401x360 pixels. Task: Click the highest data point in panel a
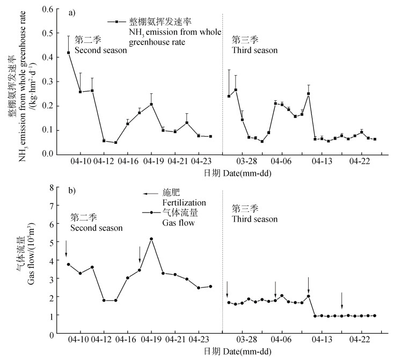coord(69,53)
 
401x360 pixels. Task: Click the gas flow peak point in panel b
coord(151,239)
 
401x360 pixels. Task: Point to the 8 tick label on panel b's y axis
coord(52,187)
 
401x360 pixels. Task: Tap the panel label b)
coord(71,190)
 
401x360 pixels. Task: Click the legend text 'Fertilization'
coord(184,203)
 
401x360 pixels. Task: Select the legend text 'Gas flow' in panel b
coord(178,222)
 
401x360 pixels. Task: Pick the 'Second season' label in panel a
coord(101,50)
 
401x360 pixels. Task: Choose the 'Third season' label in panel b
coord(254,219)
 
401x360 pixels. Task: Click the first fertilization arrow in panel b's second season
coord(66,248)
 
